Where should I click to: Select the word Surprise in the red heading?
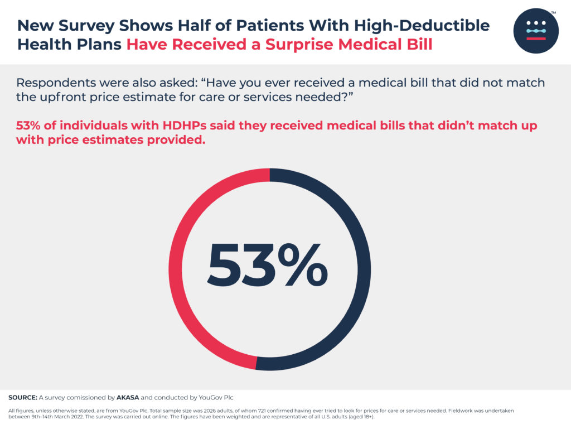295,44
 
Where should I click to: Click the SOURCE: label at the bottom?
23,398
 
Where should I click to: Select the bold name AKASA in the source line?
127,398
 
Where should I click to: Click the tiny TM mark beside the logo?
553,12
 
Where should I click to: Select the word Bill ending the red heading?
419,44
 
